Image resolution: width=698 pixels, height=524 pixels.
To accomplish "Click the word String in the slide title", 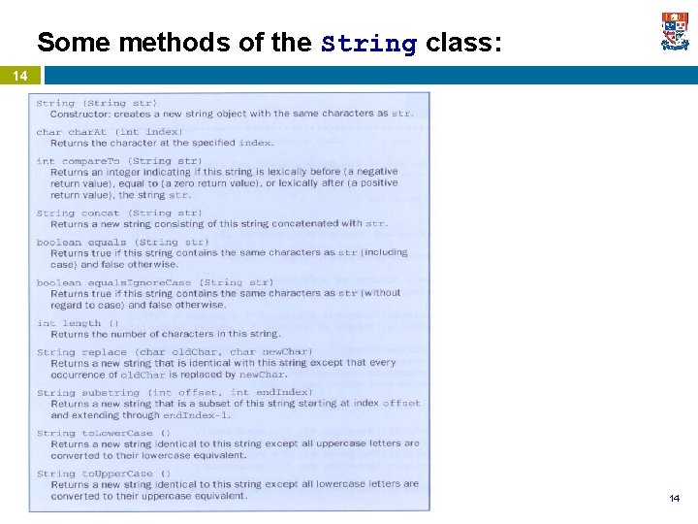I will [x=368, y=44].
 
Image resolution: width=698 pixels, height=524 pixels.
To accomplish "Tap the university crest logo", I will [x=675, y=31].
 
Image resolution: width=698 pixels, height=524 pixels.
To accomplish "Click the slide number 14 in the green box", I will [x=19, y=76].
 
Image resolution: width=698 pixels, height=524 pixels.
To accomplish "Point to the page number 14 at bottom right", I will [x=674, y=498].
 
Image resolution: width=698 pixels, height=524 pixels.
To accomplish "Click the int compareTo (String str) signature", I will [x=119, y=161].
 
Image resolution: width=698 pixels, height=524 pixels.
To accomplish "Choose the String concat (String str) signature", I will [x=119, y=213].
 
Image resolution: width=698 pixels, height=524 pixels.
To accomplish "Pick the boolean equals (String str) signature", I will [x=122, y=242].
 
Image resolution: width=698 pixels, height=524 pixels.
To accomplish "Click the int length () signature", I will [x=79, y=323].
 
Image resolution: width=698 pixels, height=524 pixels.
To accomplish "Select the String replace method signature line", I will [x=174, y=352].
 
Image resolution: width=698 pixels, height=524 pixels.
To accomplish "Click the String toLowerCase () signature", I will [x=104, y=434].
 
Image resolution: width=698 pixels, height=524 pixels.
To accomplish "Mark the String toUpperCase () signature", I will [x=104, y=474].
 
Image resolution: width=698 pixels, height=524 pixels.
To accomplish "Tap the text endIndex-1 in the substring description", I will [x=194, y=415].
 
